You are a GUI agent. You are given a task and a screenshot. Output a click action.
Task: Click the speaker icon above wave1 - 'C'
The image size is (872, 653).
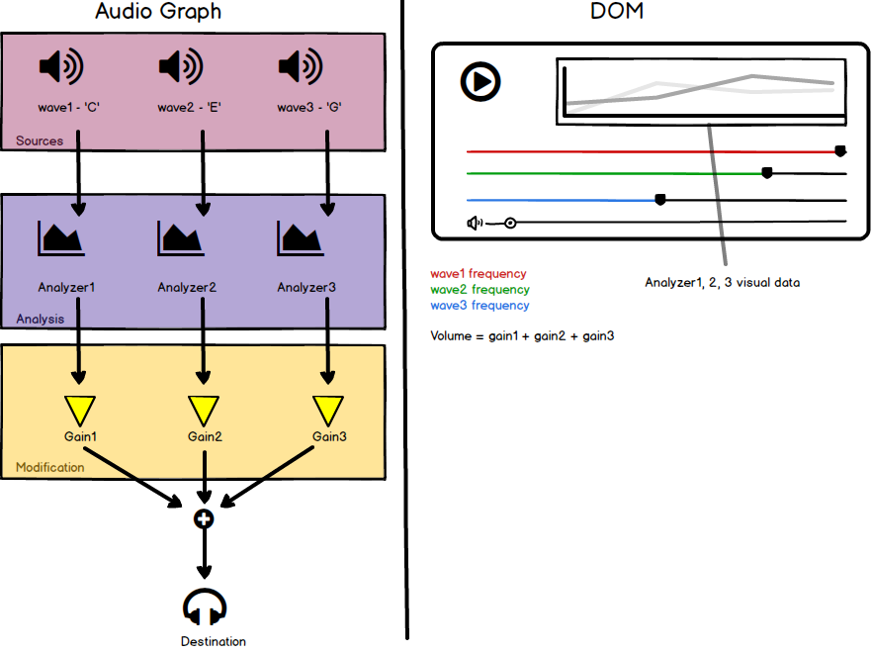61,67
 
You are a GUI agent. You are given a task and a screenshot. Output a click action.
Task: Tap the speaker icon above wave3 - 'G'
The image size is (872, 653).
301,67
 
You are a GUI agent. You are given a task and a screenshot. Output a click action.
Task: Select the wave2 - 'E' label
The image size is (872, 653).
189,107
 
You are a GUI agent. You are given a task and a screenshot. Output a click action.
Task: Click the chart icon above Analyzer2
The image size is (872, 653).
181,238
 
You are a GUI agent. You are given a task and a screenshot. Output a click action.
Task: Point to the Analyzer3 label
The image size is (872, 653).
306,287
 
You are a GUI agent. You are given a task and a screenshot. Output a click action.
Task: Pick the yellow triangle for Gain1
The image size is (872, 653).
79,411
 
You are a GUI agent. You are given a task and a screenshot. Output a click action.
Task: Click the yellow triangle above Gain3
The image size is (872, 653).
328,411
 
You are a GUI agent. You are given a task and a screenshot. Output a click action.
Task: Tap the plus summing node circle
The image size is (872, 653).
204,518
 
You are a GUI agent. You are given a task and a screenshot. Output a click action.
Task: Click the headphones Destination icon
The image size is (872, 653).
205,606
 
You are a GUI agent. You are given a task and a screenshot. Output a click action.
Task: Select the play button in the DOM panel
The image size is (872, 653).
480,82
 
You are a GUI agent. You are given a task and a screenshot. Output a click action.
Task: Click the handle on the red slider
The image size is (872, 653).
840,150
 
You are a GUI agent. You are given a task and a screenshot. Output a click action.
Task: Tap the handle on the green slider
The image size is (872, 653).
767,173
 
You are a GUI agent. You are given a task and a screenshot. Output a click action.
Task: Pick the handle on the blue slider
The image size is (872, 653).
660,199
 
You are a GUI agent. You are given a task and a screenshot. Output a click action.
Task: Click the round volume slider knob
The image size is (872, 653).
510,224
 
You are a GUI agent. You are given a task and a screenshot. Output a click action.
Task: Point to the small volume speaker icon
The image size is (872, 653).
475,224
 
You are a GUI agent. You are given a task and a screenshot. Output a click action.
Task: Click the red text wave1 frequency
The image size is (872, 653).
479,274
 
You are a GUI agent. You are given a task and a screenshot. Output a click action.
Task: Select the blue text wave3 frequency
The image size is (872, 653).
480,306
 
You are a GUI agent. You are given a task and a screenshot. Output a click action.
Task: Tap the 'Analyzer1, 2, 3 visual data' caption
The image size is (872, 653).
723,283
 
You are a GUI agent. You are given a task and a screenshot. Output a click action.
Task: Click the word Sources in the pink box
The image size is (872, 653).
40,140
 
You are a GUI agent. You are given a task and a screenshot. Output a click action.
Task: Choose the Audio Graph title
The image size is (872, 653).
158,11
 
